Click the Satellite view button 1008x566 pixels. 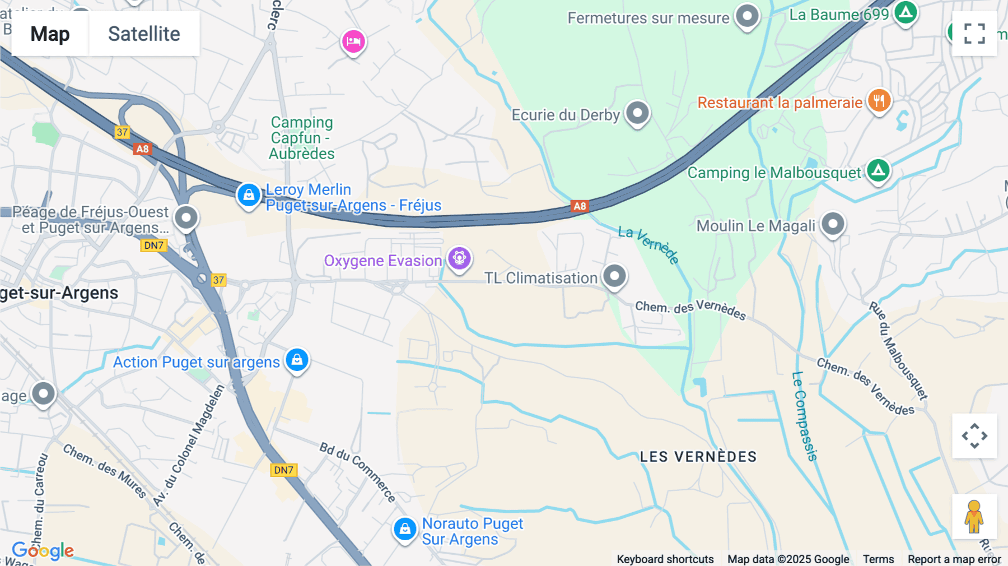point(144,34)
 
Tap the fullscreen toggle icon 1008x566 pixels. point(974,34)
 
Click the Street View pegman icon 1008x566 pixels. point(974,516)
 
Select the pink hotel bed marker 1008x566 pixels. point(353,41)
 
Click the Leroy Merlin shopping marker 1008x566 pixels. point(249,195)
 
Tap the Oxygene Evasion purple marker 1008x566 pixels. point(459,258)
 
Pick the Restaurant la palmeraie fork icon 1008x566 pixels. point(879,101)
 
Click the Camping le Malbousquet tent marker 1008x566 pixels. point(878,170)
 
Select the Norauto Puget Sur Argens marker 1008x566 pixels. point(405,528)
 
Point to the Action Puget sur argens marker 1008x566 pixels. point(297,359)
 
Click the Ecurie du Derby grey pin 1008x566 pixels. point(637,113)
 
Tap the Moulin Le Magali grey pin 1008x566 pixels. point(833,224)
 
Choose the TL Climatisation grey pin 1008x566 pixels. point(614,276)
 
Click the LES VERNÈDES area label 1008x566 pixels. point(698,457)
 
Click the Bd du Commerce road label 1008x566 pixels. point(358,471)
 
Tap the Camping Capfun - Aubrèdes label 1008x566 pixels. point(302,138)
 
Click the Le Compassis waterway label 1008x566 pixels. point(805,416)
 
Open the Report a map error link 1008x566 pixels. point(954,559)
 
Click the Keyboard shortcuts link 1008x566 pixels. point(665,559)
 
